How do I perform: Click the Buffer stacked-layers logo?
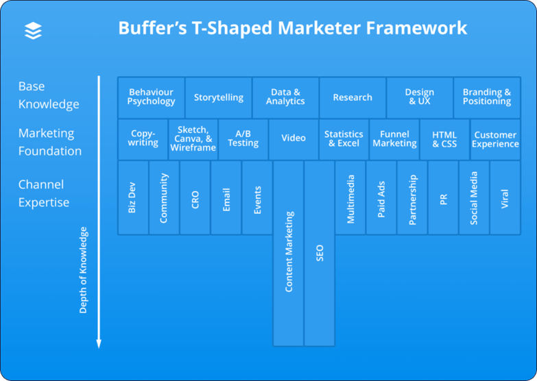click(33, 30)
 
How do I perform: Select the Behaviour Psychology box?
click(151, 97)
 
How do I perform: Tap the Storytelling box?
click(218, 97)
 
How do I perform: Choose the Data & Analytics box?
click(285, 97)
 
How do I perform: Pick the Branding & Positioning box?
click(487, 97)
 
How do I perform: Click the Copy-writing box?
click(143, 139)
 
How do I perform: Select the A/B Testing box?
click(243, 139)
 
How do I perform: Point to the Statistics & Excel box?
click(344, 139)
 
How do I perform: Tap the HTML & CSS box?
click(444, 139)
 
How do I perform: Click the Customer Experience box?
click(495, 139)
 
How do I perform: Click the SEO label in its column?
click(320, 253)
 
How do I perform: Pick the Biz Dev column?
click(132, 197)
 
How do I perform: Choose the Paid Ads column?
click(382, 197)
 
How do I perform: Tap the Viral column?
click(505, 197)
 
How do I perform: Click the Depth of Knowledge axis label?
click(84, 270)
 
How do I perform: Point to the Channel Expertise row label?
click(44, 193)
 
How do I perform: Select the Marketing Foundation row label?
click(49, 142)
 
